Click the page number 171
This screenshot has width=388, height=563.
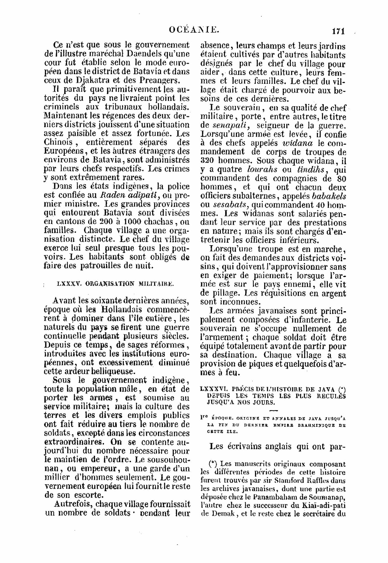click(x=338, y=31)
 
